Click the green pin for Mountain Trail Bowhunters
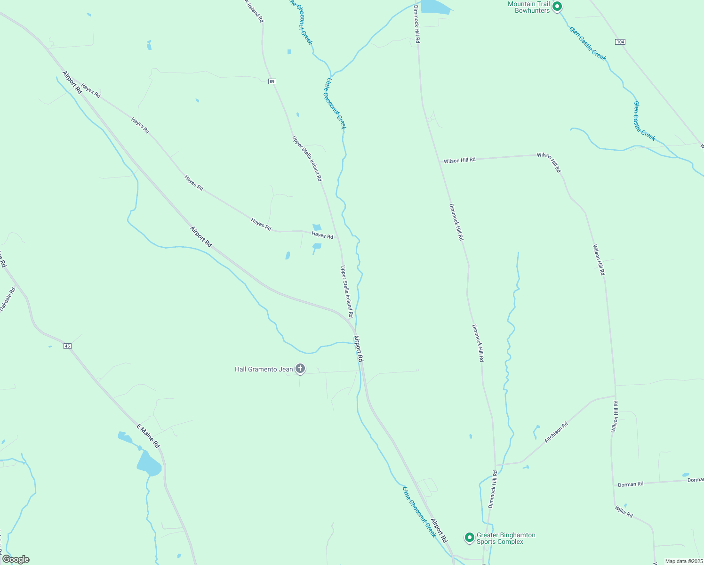click(x=557, y=7)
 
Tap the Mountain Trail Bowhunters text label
click(x=528, y=7)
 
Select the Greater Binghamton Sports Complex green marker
click(x=469, y=537)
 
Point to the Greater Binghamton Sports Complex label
click(x=506, y=538)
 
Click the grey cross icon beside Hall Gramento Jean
click(x=300, y=369)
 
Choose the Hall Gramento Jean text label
click(x=264, y=369)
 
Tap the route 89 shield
click(x=272, y=81)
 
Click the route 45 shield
click(x=67, y=346)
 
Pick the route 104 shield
click(x=620, y=42)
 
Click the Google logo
click(x=16, y=559)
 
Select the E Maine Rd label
click(x=148, y=436)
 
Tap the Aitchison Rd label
click(x=556, y=432)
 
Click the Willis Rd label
click(x=624, y=511)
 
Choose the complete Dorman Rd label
click(x=631, y=484)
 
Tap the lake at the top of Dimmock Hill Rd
click(x=435, y=7)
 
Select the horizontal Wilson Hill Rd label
click(x=460, y=160)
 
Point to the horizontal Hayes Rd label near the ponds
click(x=322, y=235)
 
